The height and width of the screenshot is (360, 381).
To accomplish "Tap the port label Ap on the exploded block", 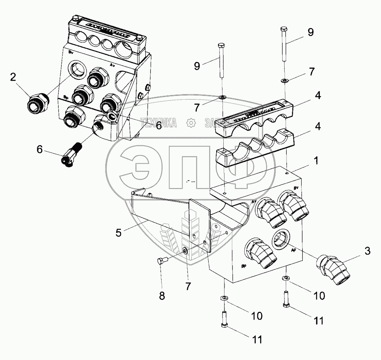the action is point(294,251).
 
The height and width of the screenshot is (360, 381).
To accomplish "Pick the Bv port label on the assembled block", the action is point(71,52).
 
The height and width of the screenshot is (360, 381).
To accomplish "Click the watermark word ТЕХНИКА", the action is point(158,124).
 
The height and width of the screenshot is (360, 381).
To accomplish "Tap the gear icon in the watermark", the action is point(191,123).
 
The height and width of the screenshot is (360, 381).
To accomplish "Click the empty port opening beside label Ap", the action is point(281,238).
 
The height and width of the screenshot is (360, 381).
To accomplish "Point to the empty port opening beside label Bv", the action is point(77,70).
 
